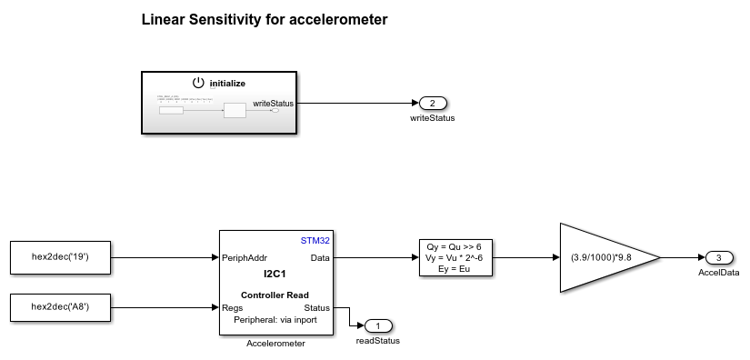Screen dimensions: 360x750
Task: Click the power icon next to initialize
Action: [199, 83]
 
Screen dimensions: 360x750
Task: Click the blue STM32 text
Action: [316, 241]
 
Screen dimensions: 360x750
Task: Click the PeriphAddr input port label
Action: [245, 258]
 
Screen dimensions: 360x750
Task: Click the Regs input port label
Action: [233, 307]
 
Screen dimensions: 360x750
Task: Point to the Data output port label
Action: [321, 258]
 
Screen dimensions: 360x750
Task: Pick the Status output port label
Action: [317, 307]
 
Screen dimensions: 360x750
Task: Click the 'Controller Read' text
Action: [276, 295]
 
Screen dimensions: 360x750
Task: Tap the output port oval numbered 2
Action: [433, 103]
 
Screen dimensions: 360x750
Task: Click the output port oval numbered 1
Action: [377, 325]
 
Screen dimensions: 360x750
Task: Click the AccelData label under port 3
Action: [718, 273]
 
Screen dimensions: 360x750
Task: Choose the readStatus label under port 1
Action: [377, 341]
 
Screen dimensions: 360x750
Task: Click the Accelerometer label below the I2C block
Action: [276, 344]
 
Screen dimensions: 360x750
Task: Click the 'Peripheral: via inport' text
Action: [276, 320]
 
